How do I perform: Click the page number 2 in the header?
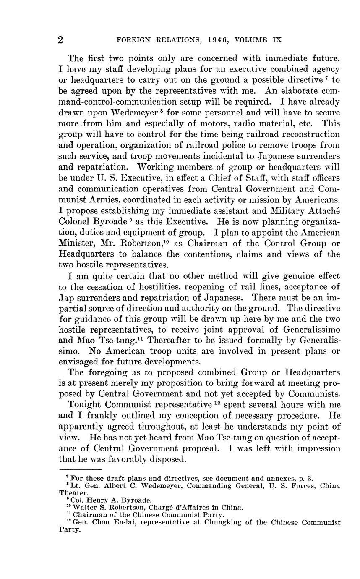pos(60,40)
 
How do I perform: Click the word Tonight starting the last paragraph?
pos(84,405)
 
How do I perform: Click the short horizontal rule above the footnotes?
pos(81,469)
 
